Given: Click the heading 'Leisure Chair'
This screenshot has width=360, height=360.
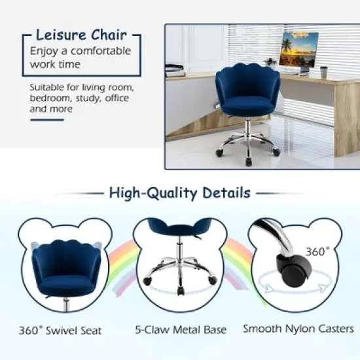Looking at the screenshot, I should coord(81,35).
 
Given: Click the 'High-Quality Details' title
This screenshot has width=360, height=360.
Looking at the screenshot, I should coord(179,193).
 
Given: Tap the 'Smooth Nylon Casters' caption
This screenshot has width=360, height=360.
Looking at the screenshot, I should coord(298,329).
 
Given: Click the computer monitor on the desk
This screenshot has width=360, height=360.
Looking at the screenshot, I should coord(298,50).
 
